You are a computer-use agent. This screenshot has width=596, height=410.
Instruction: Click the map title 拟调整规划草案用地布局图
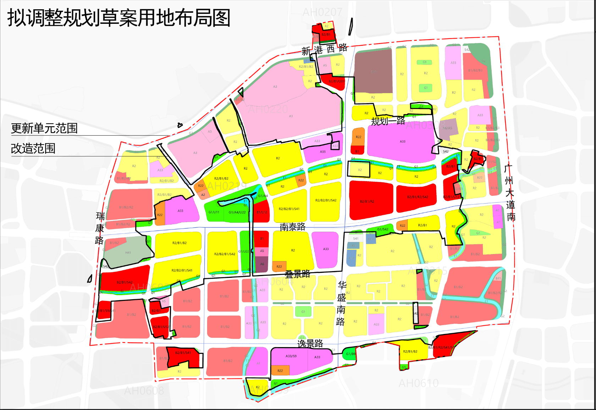(119, 18)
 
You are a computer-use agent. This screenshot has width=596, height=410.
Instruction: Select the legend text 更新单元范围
(44, 128)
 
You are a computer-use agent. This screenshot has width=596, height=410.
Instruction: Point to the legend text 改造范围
(33, 149)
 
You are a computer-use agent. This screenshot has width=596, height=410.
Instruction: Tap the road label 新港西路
(324, 49)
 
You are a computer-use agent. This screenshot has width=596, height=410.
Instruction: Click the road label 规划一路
(388, 121)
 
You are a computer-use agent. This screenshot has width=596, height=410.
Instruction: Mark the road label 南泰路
(292, 227)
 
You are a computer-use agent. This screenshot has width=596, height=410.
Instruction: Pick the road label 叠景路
(297, 274)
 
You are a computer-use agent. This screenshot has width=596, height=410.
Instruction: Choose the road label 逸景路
(310, 344)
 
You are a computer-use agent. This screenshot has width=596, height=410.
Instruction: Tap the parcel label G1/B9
(351, 354)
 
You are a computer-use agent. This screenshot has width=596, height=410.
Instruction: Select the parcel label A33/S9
(291, 356)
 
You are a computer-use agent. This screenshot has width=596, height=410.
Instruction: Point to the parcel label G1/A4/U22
(237, 212)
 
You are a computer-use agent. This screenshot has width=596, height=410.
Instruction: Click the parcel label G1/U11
(214, 212)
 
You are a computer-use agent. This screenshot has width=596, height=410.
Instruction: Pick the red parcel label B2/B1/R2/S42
(417, 197)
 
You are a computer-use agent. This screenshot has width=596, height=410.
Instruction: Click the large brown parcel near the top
(373, 71)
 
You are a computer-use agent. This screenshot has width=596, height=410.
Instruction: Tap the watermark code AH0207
(322, 12)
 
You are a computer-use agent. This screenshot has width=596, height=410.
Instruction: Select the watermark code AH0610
(419, 383)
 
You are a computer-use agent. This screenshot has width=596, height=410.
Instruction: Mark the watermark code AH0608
(144, 391)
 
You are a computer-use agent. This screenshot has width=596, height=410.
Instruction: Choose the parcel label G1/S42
(382, 229)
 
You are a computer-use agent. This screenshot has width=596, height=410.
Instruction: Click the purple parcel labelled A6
(262, 264)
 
